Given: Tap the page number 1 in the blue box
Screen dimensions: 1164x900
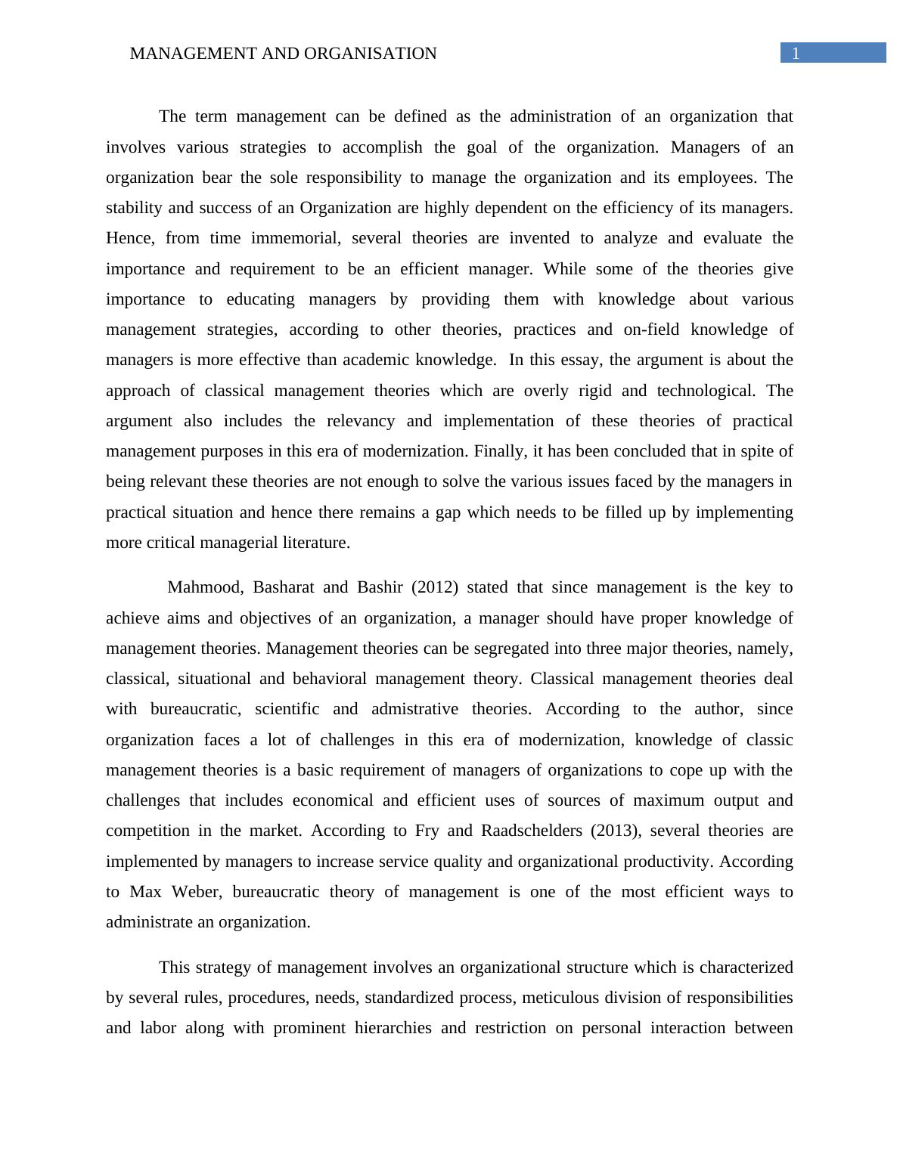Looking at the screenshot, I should coord(796,53).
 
